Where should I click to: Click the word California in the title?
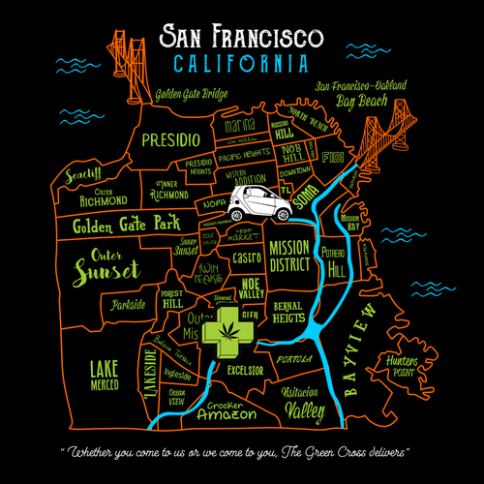point(242,65)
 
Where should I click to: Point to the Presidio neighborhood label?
point(170,140)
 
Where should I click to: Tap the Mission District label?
point(288,256)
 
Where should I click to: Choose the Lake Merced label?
point(104,375)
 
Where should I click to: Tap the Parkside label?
point(128,304)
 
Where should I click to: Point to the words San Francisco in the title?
point(242,37)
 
